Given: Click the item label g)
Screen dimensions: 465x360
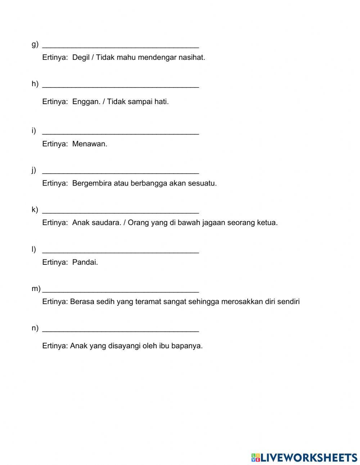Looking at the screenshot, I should click(35, 44).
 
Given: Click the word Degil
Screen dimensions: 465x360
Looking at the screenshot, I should click(81, 57).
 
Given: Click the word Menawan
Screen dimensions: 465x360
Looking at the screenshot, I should click(90, 144).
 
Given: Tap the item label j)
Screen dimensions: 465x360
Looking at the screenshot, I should click(34, 170).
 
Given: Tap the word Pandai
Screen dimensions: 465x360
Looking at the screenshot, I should click(85, 262).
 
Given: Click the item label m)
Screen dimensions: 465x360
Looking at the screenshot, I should click(36, 289).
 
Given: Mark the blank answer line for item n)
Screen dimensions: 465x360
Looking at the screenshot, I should click(121, 331).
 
